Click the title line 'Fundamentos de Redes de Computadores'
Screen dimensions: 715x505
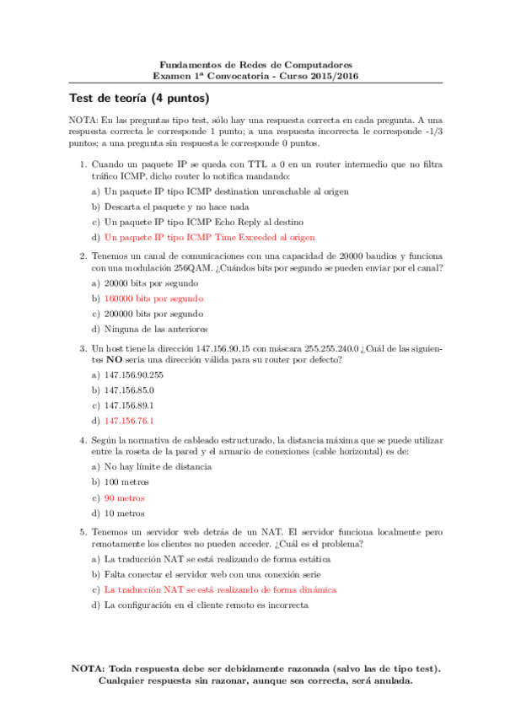pyautogui.click(x=255, y=64)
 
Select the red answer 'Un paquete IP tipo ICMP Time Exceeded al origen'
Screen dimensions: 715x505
pyautogui.click(x=208, y=237)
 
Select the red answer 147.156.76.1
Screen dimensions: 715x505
pyautogui.click(x=128, y=420)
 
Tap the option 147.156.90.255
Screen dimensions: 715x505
pyautogui.click(x=132, y=374)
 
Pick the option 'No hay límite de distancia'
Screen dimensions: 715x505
pyautogui.click(x=158, y=466)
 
